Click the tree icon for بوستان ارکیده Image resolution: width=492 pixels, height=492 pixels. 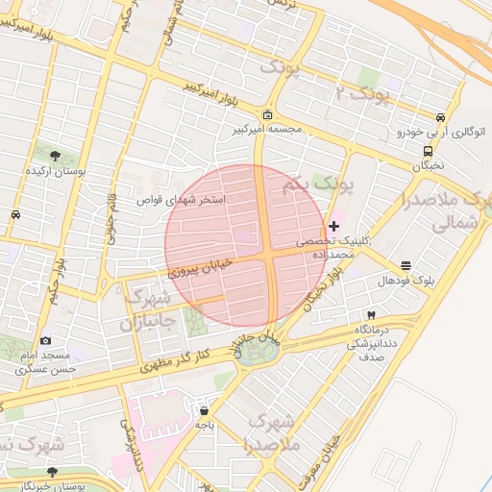point(54,155)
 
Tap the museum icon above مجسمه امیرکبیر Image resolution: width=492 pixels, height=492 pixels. point(267,113)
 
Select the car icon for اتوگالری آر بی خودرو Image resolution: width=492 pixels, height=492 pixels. point(441,115)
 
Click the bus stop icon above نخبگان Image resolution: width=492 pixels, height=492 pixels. point(428,150)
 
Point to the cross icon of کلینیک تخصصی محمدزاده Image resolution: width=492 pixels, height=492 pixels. point(333,227)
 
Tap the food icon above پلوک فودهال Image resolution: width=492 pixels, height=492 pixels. point(406,265)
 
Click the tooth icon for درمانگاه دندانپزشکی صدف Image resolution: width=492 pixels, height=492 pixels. point(371,315)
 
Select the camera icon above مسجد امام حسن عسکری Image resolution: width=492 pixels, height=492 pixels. point(45,340)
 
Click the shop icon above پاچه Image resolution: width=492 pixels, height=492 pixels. point(203,410)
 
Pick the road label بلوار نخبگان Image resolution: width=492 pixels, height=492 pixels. point(322,291)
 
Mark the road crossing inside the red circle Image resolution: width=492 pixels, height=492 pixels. point(270,257)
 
